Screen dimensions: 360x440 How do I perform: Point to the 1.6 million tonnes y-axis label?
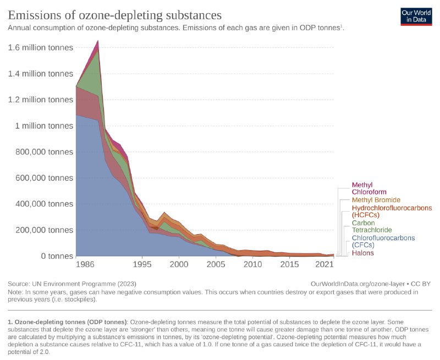pyautogui.click(x=40, y=48)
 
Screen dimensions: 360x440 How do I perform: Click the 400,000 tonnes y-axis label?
pyautogui.click(x=40, y=204)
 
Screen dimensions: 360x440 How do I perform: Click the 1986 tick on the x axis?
pyautogui.click(x=85, y=265)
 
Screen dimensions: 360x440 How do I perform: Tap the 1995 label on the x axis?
pyautogui.click(x=142, y=265)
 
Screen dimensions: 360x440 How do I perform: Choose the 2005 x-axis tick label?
pyautogui.click(x=216, y=265)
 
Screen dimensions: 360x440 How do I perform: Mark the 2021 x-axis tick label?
pyautogui.click(x=325, y=265)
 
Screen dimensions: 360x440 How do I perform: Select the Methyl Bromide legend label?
pyautogui.click(x=376, y=200)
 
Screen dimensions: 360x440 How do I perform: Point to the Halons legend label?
pyautogui.click(x=362, y=253)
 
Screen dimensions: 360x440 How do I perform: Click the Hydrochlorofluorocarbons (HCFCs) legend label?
pyautogui.click(x=391, y=212)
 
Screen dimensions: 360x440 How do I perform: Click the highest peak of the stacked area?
pyautogui.click(x=98, y=41)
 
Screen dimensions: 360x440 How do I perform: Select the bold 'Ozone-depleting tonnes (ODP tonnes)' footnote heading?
pyautogui.click(x=68, y=320)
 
